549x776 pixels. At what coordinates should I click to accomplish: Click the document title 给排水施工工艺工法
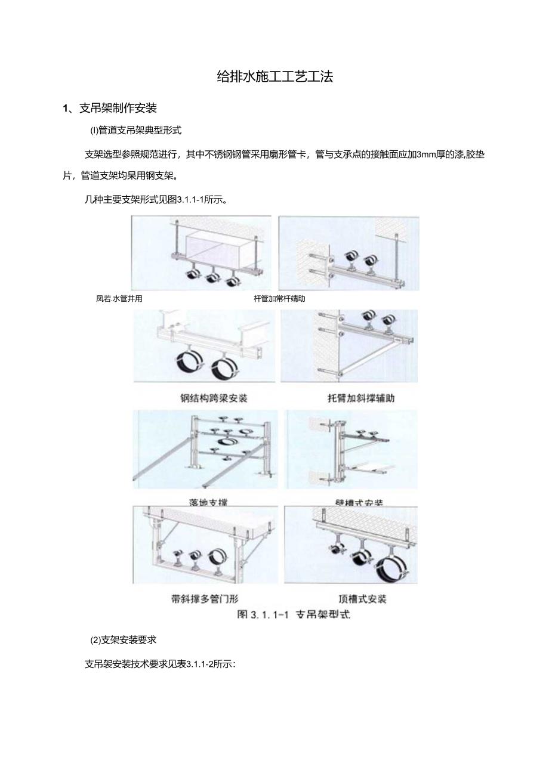274,77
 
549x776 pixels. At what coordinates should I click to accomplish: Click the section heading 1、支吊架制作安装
110,108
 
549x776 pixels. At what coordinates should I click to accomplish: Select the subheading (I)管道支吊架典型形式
135,130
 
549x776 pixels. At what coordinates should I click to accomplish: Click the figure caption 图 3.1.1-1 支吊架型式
293,614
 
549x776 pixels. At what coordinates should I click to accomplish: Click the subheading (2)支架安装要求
123,640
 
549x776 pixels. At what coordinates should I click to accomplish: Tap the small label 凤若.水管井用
119,299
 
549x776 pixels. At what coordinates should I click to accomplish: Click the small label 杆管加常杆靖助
279,299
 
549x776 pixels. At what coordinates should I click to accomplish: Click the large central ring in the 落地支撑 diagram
227,442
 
